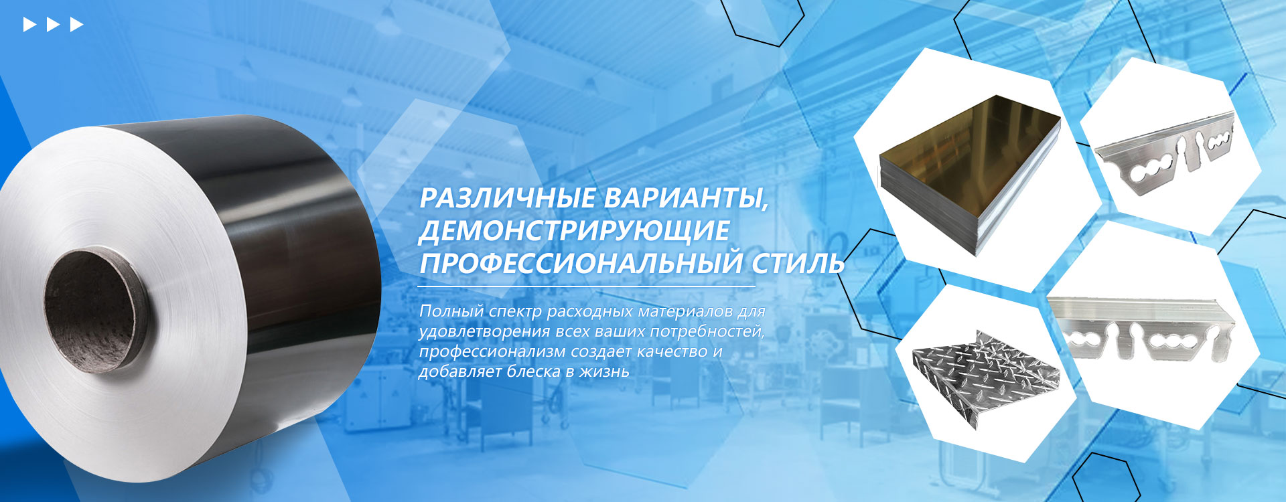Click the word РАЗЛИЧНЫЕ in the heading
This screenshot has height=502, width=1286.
(507, 199)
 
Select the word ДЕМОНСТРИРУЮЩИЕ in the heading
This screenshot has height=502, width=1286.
(574, 231)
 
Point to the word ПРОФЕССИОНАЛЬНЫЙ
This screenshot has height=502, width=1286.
(581, 262)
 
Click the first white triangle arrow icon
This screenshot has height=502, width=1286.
(29, 25)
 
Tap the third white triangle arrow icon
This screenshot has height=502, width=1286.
(76, 25)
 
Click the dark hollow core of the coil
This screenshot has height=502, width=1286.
(89, 311)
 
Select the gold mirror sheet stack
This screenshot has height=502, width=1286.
(970, 174)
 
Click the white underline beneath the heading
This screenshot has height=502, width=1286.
(587, 286)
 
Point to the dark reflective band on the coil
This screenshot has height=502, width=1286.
(295, 221)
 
